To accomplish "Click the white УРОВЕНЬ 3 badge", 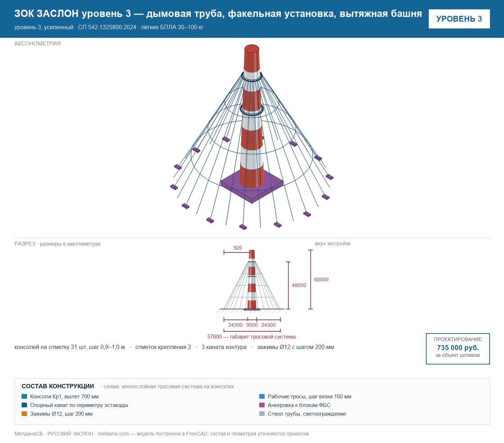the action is coord(459,19).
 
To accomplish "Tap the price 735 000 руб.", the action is coord(458,348).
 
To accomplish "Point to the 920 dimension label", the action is coord(238,248).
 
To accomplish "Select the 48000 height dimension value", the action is coord(299,285).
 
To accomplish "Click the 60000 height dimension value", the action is coord(321,279).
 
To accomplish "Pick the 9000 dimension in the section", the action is coord(252,325).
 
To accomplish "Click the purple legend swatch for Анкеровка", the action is coord(262,405).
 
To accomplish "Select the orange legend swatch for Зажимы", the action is coord(24,413).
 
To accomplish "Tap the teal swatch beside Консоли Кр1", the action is coord(24,396).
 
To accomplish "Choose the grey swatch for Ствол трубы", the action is coord(262,413).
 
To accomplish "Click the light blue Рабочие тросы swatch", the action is coord(262,396).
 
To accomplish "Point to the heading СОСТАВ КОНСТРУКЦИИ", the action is coord(58,386).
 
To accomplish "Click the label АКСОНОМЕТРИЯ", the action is coord(37,44).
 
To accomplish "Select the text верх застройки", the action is coord(333,243).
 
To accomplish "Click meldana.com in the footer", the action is coord(113,434).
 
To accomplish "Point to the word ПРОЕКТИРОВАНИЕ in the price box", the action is coord(458,339).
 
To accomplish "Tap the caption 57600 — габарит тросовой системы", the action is coord(252,337).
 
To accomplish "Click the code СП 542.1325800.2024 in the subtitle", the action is coord(107,27).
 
